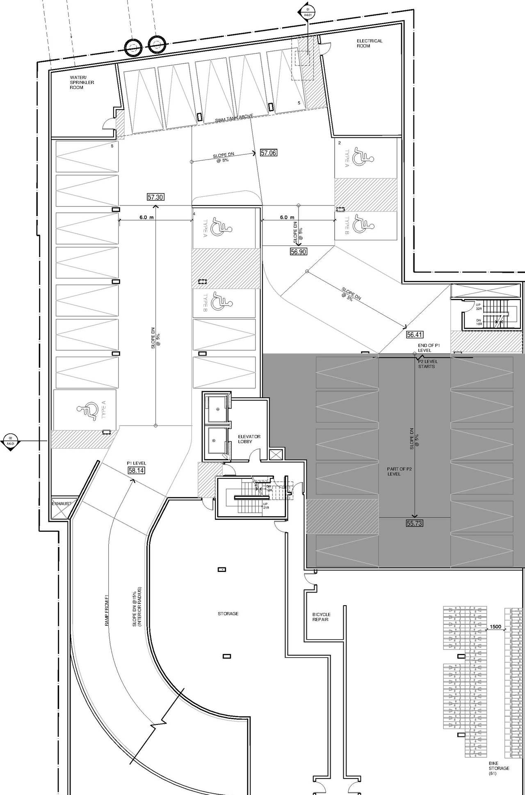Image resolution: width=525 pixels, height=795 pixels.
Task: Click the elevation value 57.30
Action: pos(155,197)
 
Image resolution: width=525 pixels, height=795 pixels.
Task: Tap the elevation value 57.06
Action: pos(269,153)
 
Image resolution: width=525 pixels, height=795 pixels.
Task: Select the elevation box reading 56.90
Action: pos(298,252)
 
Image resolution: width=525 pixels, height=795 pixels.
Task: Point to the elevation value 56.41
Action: pos(414,335)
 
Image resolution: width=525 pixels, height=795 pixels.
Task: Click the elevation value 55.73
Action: pos(414,523)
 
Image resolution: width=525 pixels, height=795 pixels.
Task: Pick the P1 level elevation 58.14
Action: pos(136,471)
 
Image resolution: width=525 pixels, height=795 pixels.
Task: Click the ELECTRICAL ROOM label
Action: pos(369,43)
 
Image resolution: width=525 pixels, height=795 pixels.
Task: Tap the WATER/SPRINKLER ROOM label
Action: pos(82,82)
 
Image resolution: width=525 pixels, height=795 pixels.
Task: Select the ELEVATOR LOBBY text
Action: pos(249,439)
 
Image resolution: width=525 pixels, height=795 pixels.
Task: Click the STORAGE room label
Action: pos(228,614)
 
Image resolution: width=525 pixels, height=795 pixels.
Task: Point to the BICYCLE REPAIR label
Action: pos(321,617)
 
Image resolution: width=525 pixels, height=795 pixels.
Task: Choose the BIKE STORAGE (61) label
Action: pos(499,768)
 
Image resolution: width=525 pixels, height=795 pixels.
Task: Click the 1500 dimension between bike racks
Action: pos(495,627)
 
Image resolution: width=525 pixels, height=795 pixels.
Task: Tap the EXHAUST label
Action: pos(61,503)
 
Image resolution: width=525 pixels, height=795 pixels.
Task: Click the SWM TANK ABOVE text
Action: pos(234,118)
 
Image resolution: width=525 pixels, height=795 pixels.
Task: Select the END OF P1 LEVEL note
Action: pos(429,348)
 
